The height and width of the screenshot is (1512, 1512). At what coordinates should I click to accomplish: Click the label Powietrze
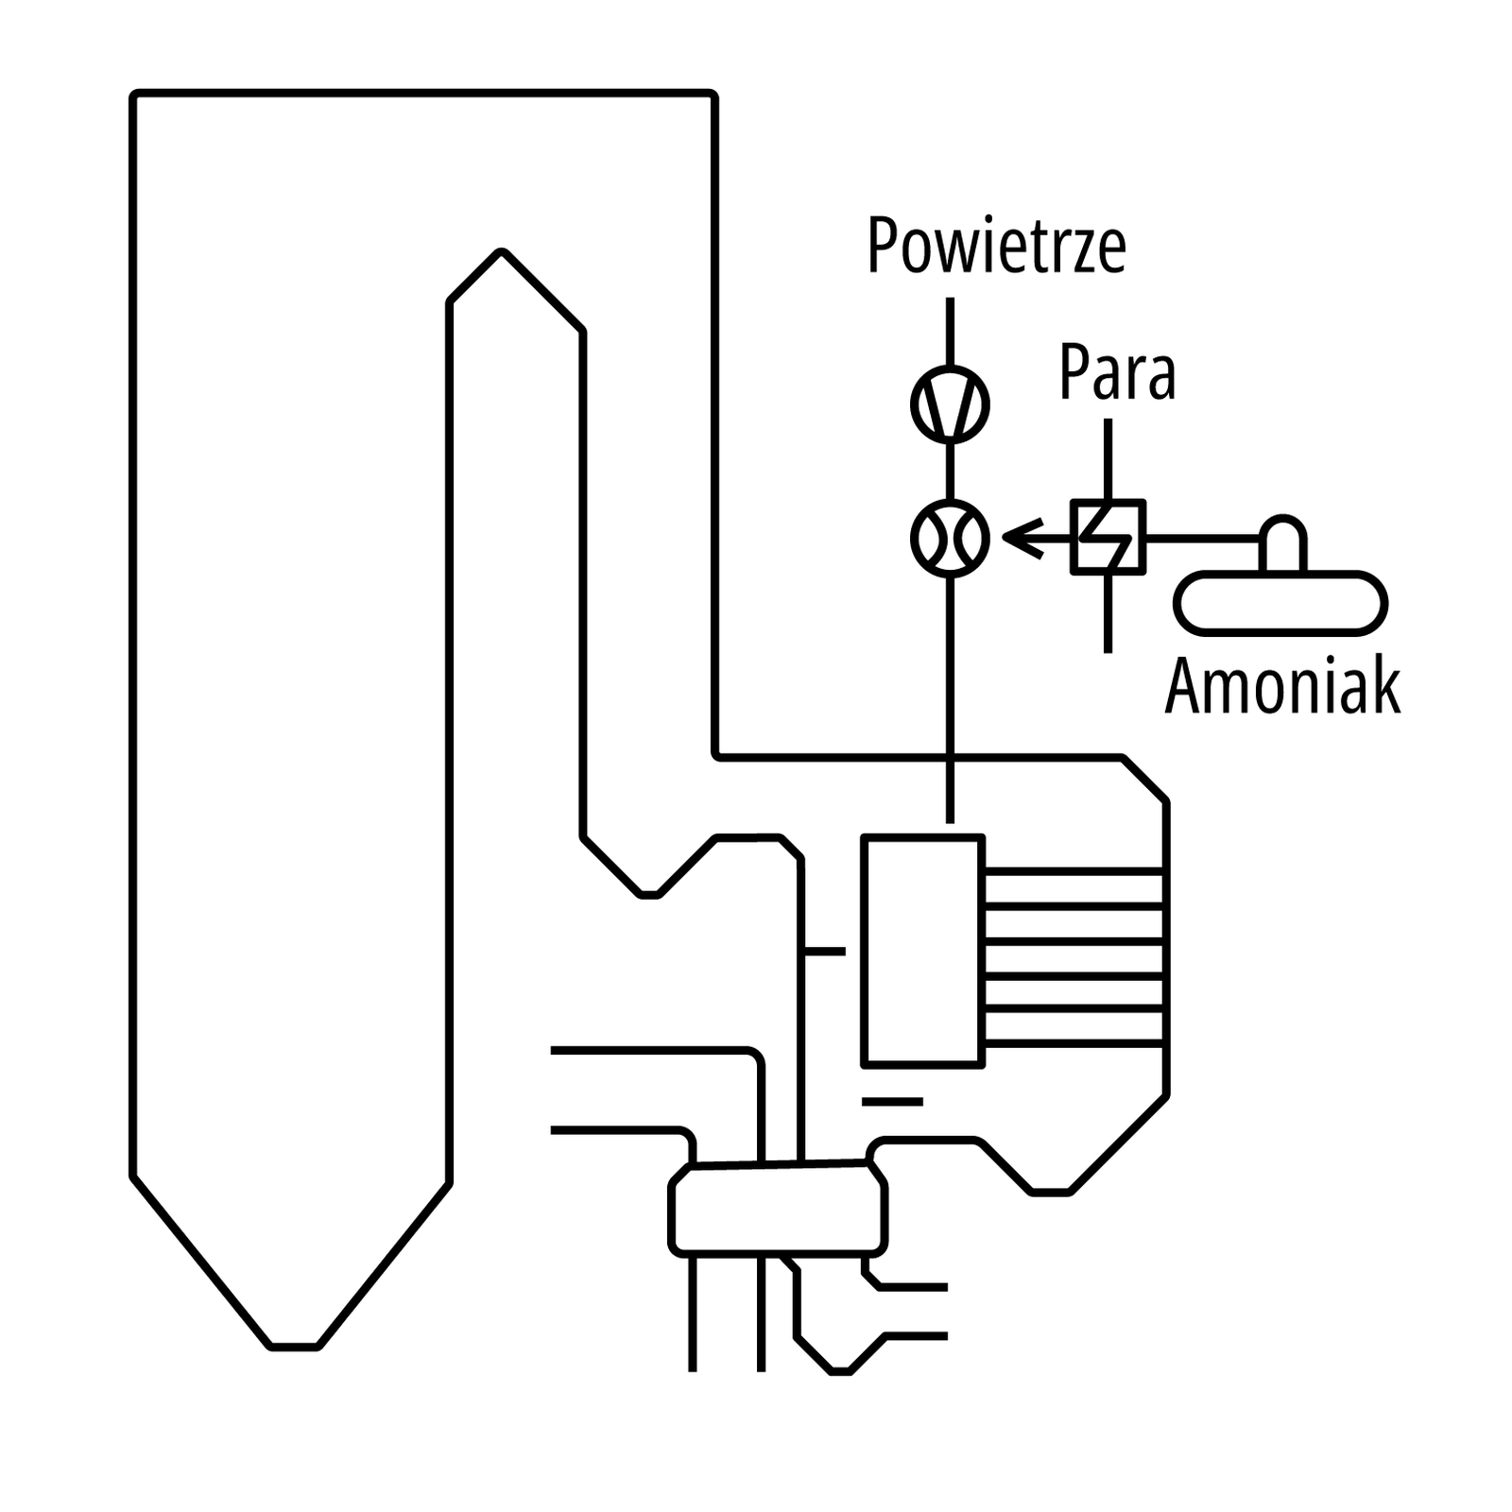pos(996,247)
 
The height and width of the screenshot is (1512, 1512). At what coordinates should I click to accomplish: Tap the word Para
pos(1116,373)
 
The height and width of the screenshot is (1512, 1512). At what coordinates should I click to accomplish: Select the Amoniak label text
pos(1281,687)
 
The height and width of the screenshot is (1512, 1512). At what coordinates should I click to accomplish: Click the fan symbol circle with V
pos(950,404)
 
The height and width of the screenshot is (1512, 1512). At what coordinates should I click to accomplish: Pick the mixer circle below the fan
pos(950,538)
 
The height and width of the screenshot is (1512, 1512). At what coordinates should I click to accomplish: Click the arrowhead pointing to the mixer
pos(1019,538)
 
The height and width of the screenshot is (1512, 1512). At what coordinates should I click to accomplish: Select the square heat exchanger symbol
pos(1108,537)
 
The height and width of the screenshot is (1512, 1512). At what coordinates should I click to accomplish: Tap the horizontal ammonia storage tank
pos(1280,602)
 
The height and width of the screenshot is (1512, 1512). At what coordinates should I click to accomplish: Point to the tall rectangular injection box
pos(922,951)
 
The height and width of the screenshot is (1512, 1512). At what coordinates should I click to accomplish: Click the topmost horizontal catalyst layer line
pos(1073,871)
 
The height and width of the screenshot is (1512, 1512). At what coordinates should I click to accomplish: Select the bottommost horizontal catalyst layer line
pos(1073,1043)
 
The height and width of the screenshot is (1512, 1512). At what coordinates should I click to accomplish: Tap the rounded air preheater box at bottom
pos(778,1210)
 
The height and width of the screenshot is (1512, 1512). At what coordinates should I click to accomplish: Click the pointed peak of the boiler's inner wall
pos(502,253)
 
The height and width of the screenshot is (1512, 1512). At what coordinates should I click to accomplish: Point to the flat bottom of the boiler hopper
pos(294,1345)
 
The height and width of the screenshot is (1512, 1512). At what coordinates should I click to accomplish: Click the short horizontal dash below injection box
pos(891,1102)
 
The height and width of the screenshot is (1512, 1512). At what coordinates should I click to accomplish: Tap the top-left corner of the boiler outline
pos(135,95)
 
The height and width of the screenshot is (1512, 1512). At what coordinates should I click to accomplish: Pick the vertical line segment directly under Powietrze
pos(950,331)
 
